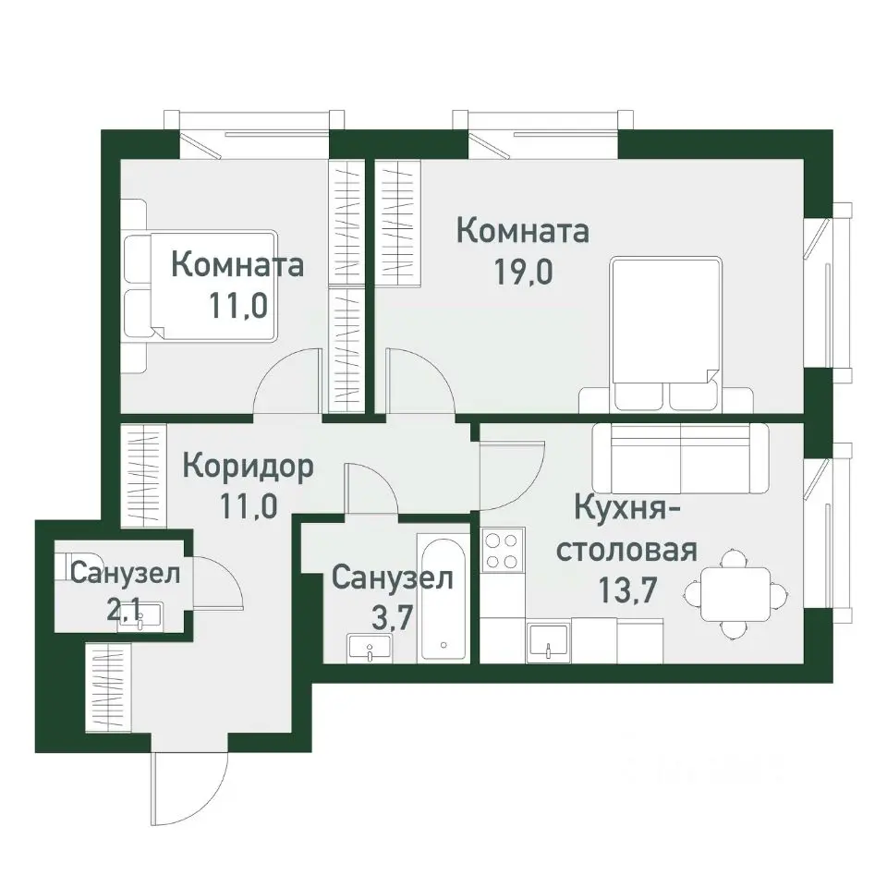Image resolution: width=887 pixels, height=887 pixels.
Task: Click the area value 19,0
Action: pos(523,274)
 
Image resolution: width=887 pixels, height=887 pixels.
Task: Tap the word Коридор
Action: pos(248,465)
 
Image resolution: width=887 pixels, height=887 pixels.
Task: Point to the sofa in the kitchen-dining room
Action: pos(680,458)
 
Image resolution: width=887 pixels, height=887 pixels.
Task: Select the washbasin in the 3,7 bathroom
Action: pos(371,648)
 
